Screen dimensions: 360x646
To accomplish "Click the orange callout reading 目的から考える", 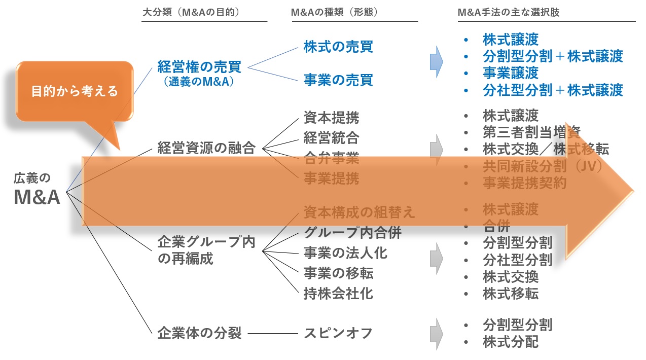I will (x=75, y=91).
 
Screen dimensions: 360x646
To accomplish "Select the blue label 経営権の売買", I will (x=199, y=66).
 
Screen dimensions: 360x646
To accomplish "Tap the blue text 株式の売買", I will (x=338, y=47).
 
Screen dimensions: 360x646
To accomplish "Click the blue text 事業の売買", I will (x=338, y=80).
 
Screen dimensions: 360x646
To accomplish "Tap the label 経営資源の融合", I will (x=206, y=148).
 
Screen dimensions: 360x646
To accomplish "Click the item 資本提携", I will (x=331, y=118).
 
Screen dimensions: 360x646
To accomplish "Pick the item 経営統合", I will (x=331, y=138).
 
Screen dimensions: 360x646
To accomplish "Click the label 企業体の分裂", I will (x=199, y=333).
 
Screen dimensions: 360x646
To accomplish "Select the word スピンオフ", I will (x=338, y=333).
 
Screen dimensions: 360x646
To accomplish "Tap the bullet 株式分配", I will (x=511, y=342).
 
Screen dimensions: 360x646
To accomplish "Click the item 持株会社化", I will (x=338, y=293).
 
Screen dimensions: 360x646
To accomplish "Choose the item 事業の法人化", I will (x=345, y=253).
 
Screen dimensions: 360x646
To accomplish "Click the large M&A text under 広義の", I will (x=37, y=197).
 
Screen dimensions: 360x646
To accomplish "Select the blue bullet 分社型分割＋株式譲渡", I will (x=553, y=90).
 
